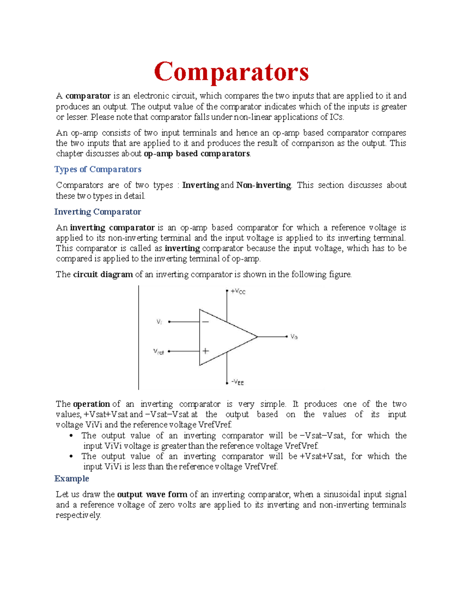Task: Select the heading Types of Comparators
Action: click(98, 169)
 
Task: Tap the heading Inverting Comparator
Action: click(98, 212)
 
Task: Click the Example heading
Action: click(72, 479)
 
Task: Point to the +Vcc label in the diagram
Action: click(238, 292)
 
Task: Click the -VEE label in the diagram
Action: click(237, 382)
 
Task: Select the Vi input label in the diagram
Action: click(159, 322)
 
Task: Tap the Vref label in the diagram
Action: click(159, 352)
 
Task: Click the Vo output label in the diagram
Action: click(294, 337)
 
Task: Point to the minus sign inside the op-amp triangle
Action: click(206, 322)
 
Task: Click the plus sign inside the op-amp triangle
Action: click(206, 351)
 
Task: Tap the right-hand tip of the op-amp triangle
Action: click(257, 337)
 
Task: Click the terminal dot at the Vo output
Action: click(287, 337)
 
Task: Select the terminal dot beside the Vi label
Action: click(169, 322)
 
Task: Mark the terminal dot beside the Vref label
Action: click(169, 351)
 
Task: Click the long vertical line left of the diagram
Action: click(139, 337)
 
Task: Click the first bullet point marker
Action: click(71, 436)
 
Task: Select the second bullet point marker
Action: click(71, 457)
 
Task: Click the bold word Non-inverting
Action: click(264, 185)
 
